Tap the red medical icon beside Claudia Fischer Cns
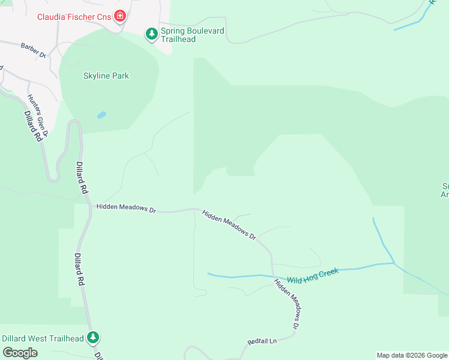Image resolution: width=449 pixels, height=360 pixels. (120, 16)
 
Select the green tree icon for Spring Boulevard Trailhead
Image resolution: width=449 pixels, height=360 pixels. (152, 34)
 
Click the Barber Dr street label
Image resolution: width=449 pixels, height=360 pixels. (33, 50)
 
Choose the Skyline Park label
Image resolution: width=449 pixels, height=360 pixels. (106, 76)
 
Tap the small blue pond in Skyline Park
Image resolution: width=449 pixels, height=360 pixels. (101, 115)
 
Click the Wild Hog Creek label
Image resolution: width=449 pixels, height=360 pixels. (313, 276)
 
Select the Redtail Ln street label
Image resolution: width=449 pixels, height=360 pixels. (262, 341)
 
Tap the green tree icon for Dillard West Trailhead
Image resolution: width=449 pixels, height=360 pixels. (92, 338)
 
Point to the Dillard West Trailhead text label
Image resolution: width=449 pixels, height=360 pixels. (43, 338)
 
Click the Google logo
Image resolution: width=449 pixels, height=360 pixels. (20, 353)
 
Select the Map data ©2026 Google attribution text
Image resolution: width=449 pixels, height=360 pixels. (411, 355)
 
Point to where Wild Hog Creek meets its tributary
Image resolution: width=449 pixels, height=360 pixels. (394, 263)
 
